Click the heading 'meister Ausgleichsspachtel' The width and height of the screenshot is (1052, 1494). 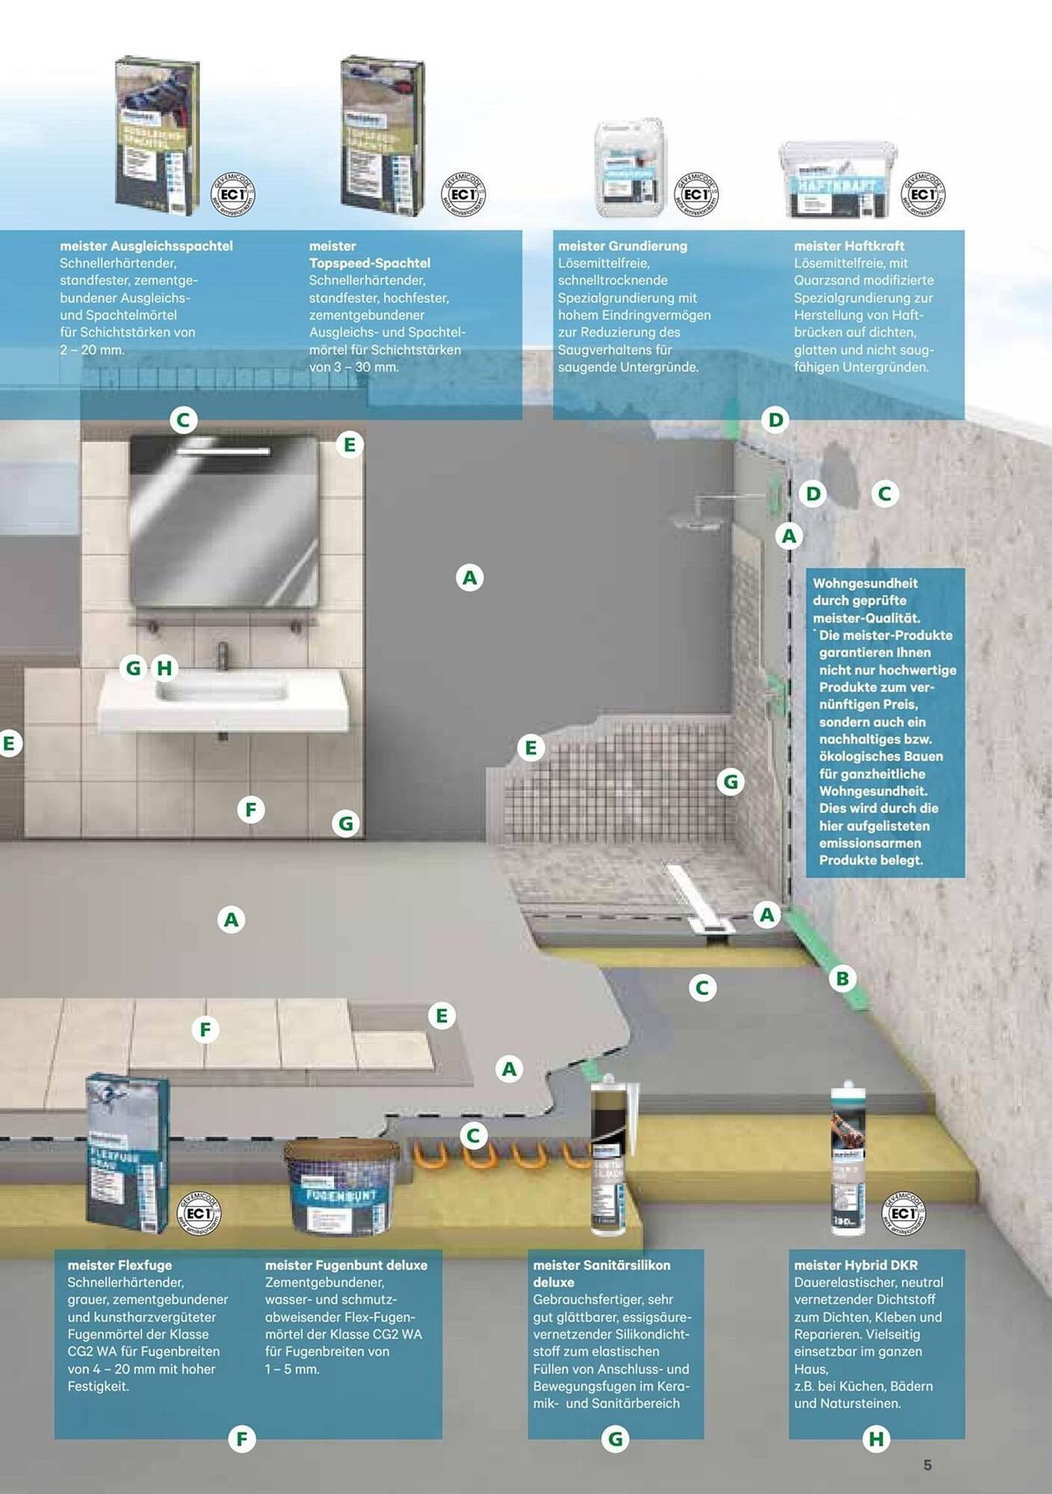coord(146,246)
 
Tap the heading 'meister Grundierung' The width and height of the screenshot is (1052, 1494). coord(622,246)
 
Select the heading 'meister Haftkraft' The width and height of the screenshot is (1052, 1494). coord(849,246)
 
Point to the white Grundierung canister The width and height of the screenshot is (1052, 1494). coord(629,168)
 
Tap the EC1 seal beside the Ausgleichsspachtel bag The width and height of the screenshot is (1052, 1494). coord(233,194)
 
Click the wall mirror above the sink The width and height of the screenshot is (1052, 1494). coord(224,521)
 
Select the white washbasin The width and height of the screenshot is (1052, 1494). coord(223,698)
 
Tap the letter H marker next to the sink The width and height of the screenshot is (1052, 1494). coord(164,668)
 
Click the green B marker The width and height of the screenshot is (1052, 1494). coord(843,978)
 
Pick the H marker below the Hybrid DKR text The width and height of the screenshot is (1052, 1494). coord(876,1439)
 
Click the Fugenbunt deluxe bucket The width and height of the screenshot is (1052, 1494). coord(341,1187)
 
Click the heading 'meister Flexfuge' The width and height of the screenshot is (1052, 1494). coord(120,1265)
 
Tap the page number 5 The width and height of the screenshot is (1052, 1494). coord(927,1465)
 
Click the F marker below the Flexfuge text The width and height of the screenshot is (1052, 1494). coord(241,1439)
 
